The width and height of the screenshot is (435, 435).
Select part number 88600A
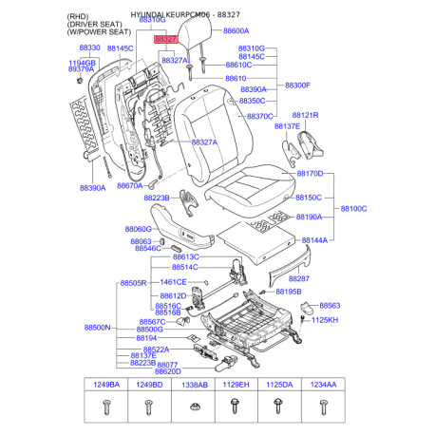coord(236,31)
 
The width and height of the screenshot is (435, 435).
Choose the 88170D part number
coord(310,175)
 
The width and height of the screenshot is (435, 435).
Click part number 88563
coord(329,306)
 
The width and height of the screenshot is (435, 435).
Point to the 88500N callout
coord(97,327)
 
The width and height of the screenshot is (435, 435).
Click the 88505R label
coord(133,283)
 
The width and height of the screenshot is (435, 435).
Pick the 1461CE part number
coord(173,282)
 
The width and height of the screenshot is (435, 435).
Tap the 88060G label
coord(138,230)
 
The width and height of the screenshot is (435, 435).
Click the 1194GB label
coord(82,62)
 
